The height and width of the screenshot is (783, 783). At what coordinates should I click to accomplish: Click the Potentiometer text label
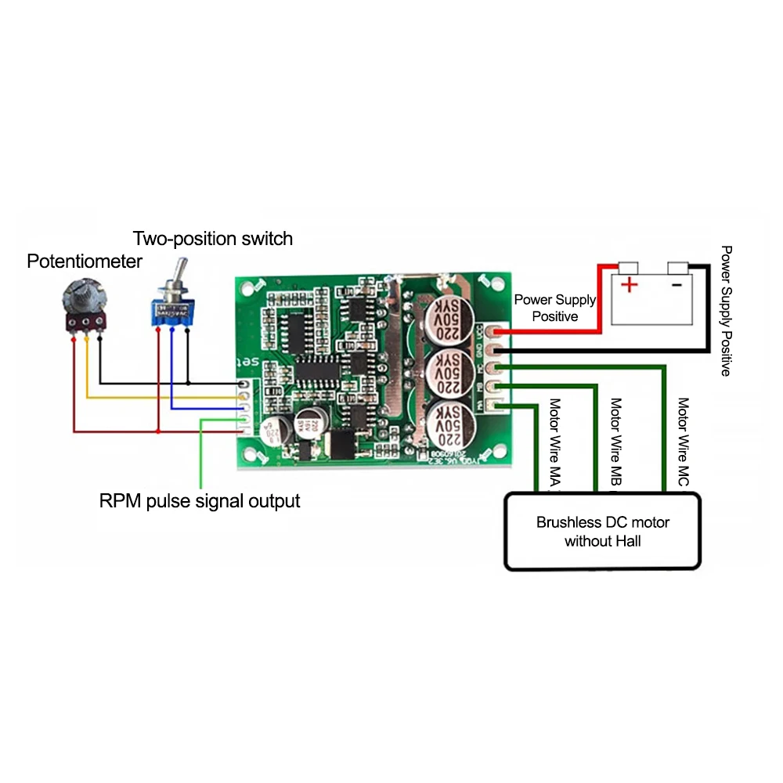[x=85, y=261]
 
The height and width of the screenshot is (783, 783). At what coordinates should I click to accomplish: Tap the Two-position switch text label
[x=212, y=238]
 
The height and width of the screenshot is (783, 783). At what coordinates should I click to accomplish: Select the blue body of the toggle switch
[x=172, y=311]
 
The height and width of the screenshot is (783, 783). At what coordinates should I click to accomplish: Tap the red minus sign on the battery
[x=677, y=284]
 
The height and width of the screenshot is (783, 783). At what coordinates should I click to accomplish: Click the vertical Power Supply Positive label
[x=726, y=312]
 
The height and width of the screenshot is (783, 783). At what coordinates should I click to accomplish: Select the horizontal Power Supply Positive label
[x=554, y=308]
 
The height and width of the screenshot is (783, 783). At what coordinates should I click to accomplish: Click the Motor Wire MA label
[x=554, y=446]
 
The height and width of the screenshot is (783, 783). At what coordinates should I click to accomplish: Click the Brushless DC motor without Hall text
[x=602, y=532]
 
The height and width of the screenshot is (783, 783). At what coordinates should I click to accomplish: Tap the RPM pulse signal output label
[x=200, y=500]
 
